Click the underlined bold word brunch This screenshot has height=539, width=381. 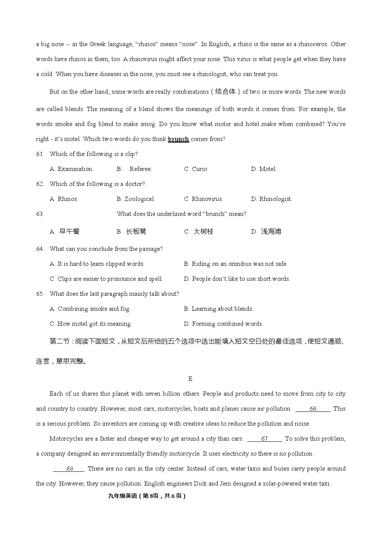(x=178, y=139)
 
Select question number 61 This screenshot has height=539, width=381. (x=40, y=154)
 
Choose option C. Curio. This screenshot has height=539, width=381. (x=196, y=169)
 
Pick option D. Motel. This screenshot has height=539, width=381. (x=263, y=169)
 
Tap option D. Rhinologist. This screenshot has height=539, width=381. (x=271, y=199)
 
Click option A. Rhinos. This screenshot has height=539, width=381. (x=64, y=199)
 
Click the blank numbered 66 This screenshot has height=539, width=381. (x=313, y=409)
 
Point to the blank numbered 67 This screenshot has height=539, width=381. (x=265, y=439)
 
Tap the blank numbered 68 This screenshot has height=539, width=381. (x=69, y=469)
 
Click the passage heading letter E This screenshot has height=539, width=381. (x=190, y=379)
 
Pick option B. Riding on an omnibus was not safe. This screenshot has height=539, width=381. (x=235, y=264)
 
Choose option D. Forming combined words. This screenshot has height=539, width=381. (x=223, y=324)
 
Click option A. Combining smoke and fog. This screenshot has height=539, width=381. (x=90, y=309)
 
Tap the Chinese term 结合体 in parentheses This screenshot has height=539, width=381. (x=225, y=91)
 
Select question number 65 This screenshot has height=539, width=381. (x=40, y=294)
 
